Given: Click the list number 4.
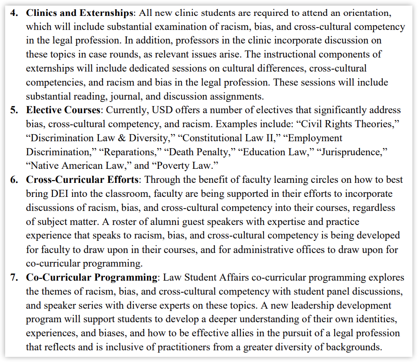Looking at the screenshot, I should pos(14,13).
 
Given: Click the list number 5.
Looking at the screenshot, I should pos(14,110).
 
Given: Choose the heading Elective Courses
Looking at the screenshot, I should pos(63,110).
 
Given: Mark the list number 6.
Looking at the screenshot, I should pos(14,180).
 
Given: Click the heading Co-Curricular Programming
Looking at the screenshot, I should pos(92,277).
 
